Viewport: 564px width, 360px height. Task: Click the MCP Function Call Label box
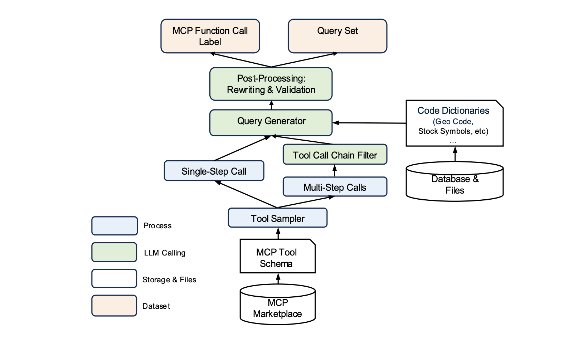coord(210,36)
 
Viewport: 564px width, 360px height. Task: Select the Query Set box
coord(337,36)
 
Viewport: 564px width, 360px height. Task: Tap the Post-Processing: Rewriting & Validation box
coord(271,84)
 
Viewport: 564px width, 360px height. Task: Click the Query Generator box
coord(271,122)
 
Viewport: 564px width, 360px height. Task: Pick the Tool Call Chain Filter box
coord(335,155)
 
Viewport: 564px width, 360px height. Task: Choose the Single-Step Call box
coord(214,171)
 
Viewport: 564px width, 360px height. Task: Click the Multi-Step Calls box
coord(335,187)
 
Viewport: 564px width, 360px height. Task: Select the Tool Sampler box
coord(277,218)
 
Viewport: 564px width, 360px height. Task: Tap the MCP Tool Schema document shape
coord(277,257)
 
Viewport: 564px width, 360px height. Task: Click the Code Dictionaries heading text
coord(453,111)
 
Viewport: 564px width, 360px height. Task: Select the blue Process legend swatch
coord(115,226)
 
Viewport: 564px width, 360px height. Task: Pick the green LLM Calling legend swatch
coord(115,252)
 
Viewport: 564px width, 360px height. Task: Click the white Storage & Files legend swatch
coord(115,279)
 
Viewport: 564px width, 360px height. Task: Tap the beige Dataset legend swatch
coord(115,306)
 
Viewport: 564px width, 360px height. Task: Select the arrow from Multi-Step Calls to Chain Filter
coord(335,171)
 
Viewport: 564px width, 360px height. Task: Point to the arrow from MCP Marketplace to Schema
coord(278,279)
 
